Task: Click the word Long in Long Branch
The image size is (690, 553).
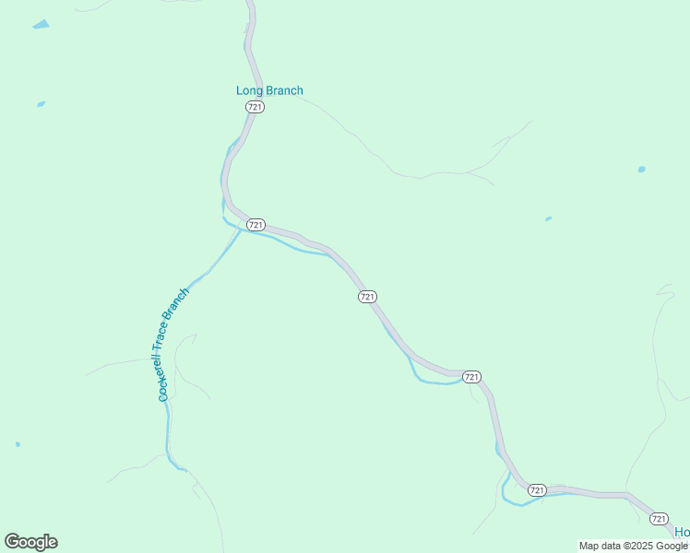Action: tap(249, 90)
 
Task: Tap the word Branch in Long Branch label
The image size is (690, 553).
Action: tap(283, 90)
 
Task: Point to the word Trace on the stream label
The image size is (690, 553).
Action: tap(174, 335)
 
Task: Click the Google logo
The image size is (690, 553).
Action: tap(30, 542)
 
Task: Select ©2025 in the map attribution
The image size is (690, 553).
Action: tap(636, 546)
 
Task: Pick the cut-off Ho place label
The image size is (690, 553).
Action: tap(682, 533)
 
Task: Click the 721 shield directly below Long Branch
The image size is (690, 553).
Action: tap(256, 107)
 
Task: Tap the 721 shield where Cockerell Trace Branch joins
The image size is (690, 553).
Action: tap(256, 225)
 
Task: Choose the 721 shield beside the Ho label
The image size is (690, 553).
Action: tap(659, 519)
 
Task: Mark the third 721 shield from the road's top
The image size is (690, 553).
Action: tap(367, 296)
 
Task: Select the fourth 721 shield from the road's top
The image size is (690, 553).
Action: tap(471, 376)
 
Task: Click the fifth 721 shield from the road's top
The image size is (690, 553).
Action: tap(538, 489)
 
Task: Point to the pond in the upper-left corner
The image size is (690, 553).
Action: tap(41, 25)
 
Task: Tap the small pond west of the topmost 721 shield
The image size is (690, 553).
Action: tap(41, 104)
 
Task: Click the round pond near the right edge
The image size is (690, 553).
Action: tap(641, 170)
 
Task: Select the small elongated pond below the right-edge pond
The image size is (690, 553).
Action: tap(548, 218)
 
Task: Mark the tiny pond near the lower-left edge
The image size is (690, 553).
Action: tap(18, 444)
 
